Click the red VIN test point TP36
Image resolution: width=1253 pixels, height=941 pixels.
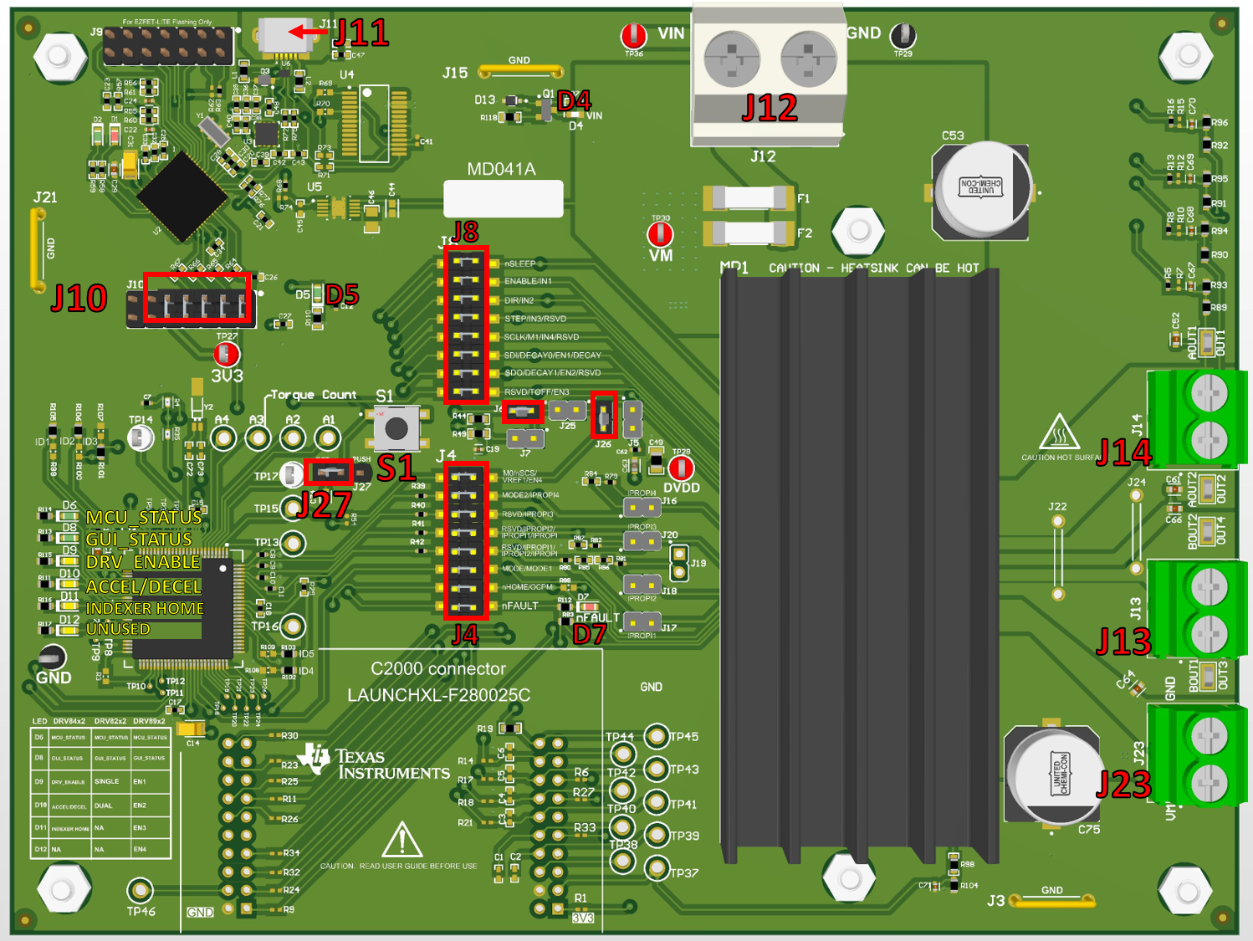click(x=633, y=36)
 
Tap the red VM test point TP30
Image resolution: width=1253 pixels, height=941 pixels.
click(x=661, y=233)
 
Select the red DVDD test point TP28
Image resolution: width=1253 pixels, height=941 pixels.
click(x=681, y=468)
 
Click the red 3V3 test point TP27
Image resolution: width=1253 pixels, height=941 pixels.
click(x=227, y=355)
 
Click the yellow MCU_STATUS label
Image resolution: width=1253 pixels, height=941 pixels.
click(x=144, y=518)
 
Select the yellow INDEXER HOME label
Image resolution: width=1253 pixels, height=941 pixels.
click(x=145, y=608)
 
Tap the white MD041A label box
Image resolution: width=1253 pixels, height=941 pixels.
click(x=503, y=199)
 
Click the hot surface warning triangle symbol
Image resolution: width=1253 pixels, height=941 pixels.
click(x=1059, y=432)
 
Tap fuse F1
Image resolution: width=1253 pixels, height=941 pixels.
click(x=749, y=198)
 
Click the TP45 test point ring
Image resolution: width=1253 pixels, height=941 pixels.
click(x=657, y=736)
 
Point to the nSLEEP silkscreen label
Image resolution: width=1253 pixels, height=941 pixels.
click(x=519, y=263)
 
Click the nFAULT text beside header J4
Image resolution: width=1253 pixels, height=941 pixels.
click(x=519, y=606)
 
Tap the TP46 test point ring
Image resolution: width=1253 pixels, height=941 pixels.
click(x=140, y=889)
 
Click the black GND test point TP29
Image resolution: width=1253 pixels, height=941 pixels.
click(x=903, y=36)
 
